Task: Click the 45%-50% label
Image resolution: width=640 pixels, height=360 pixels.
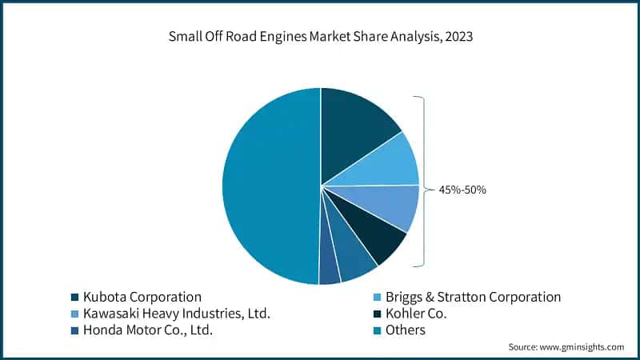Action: click(462, 190)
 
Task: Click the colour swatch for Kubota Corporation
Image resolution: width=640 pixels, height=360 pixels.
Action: click(75, 298)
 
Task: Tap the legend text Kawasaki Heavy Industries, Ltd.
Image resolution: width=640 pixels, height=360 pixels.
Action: click(177, 314)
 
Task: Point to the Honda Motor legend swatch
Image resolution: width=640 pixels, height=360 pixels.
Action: click(75, 330)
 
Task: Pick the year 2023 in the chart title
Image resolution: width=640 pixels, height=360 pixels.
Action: click(458, 37)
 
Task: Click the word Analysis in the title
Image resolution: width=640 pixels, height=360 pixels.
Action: click(406, 37)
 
